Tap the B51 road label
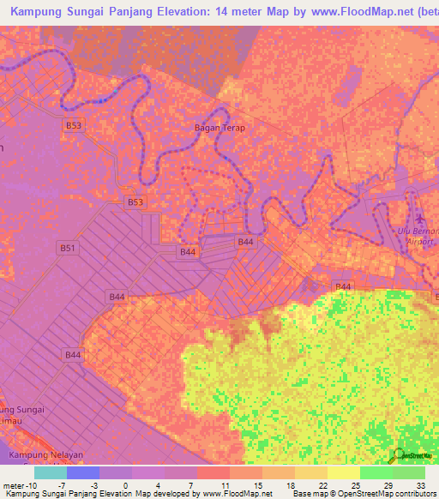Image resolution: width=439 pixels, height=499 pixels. pos(68,248)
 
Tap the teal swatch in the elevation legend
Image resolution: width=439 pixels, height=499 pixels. pos(51,472)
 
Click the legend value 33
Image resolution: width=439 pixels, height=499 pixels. pos(420,485)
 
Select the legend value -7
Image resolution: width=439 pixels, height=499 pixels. pos(63,485)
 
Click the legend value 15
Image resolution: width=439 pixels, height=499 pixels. pos(257,485)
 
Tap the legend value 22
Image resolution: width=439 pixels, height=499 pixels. pos(322,485)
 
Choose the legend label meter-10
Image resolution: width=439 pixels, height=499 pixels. pos(18,485)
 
